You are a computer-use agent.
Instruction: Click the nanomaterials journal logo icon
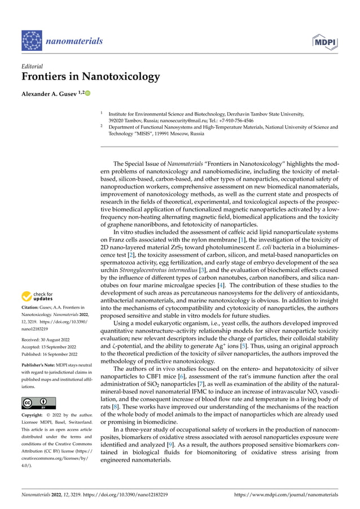point(32,42)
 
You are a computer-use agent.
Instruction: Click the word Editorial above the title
point(32,66)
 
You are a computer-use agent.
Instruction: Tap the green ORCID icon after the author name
point(88,93)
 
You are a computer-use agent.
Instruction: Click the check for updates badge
point(38,296)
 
